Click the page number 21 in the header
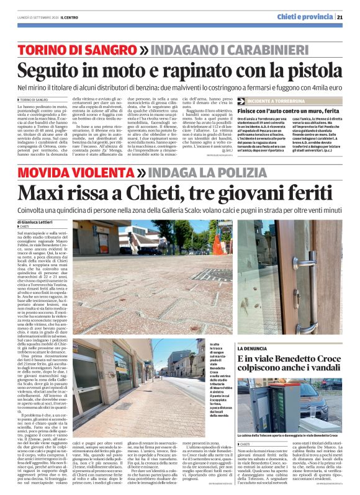[348, 16]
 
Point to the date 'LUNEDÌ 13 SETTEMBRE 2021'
[34, 17]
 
